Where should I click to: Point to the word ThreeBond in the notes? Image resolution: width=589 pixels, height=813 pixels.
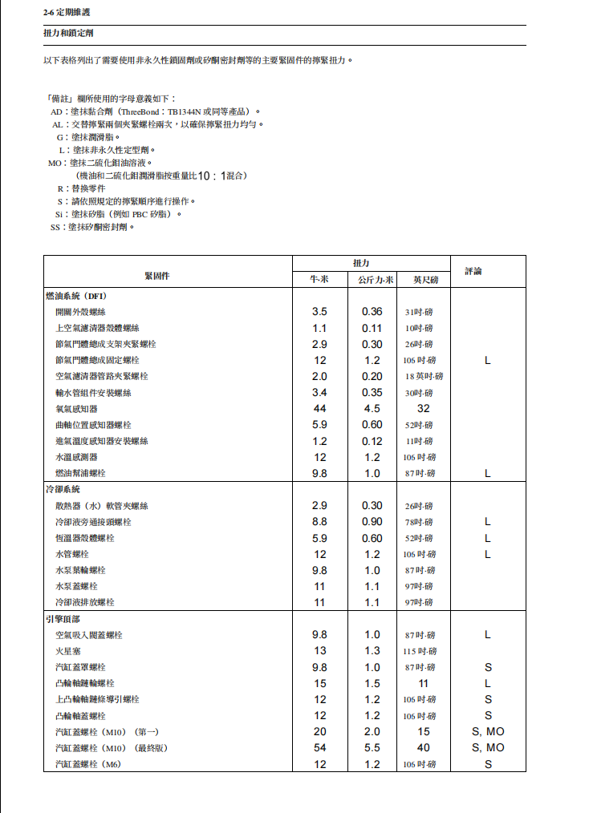[x=140, y=111]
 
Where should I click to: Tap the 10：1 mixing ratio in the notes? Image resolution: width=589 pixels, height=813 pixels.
[x=212, y=176]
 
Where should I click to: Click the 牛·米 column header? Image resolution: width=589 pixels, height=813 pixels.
[x=319, y=280]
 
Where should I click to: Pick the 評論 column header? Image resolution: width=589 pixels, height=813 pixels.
[x=473, y=272]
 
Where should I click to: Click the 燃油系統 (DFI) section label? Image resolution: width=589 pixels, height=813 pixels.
[x=80, y=296]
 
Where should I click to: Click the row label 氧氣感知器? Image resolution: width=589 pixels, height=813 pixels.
[x=76, y=409]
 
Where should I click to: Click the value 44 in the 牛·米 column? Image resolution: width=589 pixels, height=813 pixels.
[x=319, y=409]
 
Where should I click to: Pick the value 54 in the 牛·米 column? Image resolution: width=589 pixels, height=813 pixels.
[x=319, y=748]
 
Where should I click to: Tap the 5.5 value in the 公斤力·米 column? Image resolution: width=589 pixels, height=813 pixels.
[x=372, y=748]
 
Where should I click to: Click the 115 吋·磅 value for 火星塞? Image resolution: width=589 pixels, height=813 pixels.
[x=420, y=651]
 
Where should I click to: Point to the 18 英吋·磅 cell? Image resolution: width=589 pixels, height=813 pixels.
[x=424, y=376]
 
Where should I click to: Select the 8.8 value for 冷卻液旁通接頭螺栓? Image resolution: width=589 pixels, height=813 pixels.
[x=319, y=522]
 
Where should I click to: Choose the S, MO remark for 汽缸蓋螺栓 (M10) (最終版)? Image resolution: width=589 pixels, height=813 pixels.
[x=488, y=748]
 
